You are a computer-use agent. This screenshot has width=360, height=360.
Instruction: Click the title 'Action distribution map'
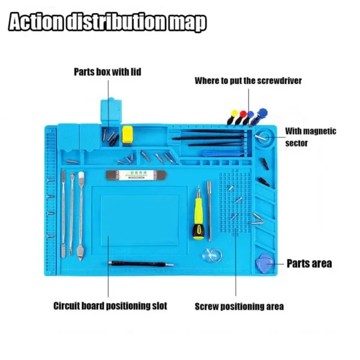108,22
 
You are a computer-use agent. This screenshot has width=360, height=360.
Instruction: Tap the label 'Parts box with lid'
107,72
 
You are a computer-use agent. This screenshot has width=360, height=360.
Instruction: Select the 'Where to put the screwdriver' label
248,80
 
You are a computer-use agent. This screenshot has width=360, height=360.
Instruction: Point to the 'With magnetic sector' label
310,137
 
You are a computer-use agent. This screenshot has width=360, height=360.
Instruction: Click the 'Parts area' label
309,263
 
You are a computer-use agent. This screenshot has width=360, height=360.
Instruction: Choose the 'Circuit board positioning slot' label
110,306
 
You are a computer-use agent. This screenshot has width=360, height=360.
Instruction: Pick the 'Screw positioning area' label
239,307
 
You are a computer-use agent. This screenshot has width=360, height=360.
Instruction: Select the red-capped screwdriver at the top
243,113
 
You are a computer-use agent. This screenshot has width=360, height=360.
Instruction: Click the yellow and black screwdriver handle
198,219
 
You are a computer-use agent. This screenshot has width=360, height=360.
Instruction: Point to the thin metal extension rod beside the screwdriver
209,202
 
